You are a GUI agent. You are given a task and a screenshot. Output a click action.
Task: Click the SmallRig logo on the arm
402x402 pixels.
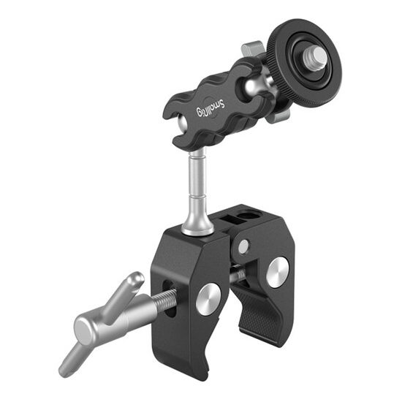[211, 108]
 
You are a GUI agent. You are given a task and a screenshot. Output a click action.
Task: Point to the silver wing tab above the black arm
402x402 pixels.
[251, 49]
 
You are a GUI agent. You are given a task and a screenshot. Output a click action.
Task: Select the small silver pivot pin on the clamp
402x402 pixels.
[243, 246]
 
